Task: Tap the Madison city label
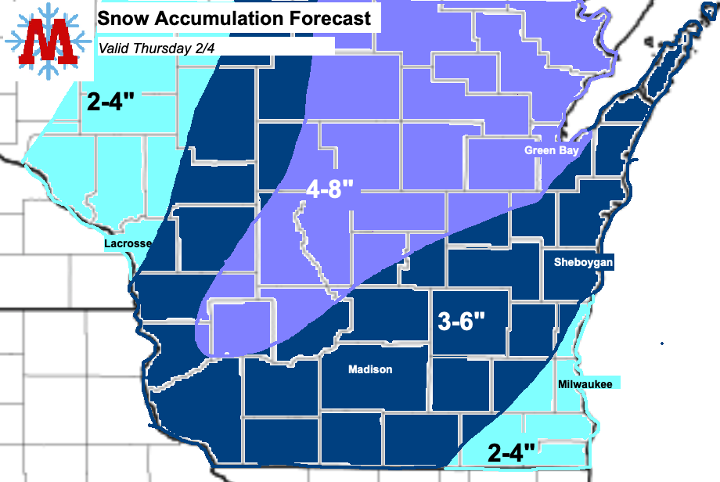(x=370, y=369)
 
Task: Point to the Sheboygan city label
(x=583, y=262)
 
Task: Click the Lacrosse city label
(x=128, y=244)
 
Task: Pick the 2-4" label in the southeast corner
(x=512, y=451)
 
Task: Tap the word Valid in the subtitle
(x=114, y=48)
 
